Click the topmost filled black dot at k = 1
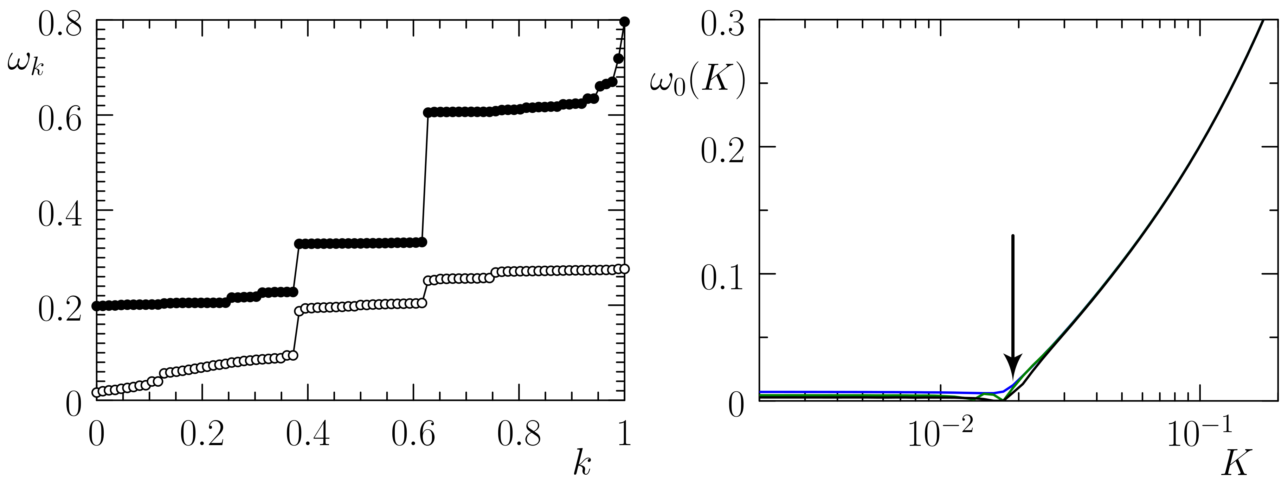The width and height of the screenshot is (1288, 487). (625, 21)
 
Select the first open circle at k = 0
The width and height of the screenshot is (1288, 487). (97, 392)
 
